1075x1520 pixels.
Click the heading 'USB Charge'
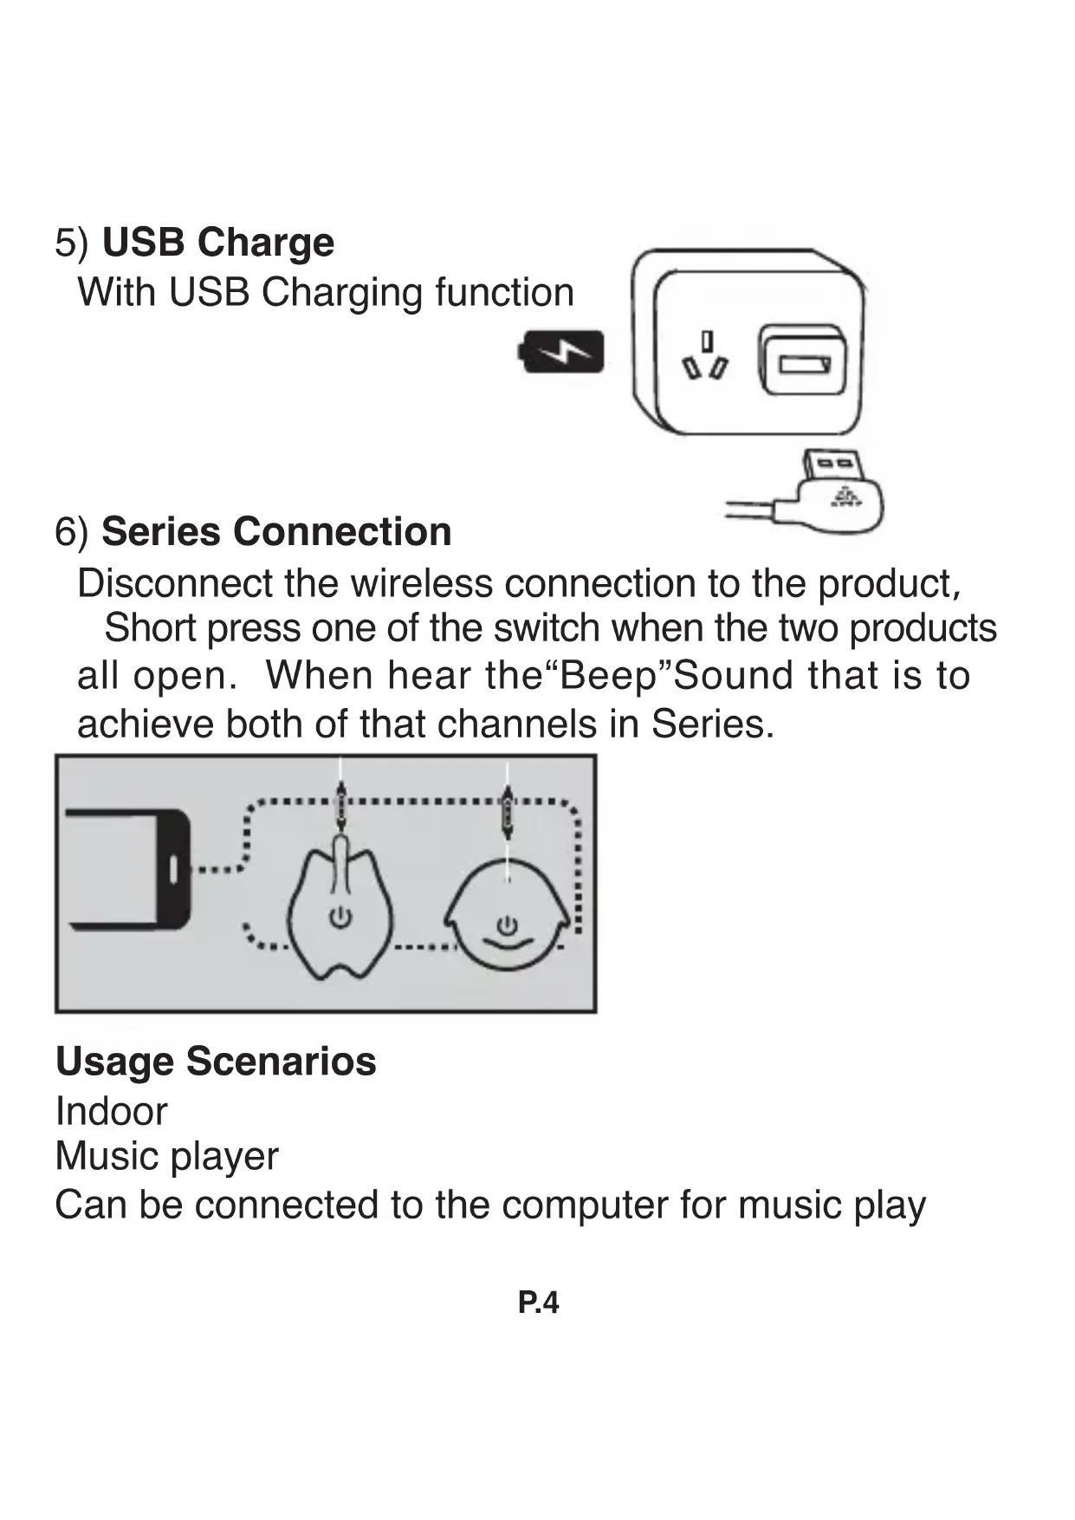pyautogui.click(x=217, y=242)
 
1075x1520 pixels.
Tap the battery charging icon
pyautogui.click(x=560, y=353)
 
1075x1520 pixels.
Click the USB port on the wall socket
pyautogui.click(x=804, y=363)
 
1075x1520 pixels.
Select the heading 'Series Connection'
pyautogui.click(x=276, y=531)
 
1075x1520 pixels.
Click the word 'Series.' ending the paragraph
pyautogui.click(x=713, y=724)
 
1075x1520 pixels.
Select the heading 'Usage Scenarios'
pyautogui.click(x=216, y=1061)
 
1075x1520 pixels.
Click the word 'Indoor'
pyautogui.click(x=111, y=1111)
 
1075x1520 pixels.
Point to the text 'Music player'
pyautogui.click(x=166, y=1156)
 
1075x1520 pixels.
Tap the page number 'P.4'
pyautogui.click(x=538, y=1302)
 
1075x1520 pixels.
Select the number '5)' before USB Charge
pyautogui.click(x=71, y=243)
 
